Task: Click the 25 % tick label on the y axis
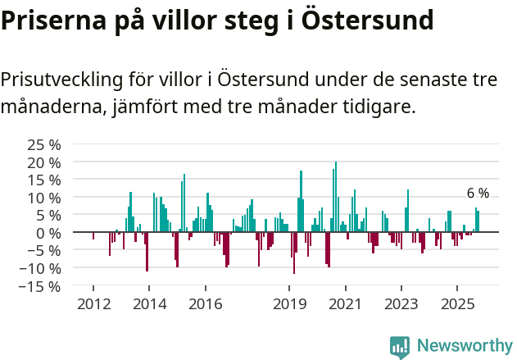pos(44,144)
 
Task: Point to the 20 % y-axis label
pos(44,162)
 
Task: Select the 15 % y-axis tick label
pos(44,180)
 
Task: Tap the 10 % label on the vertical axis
pos(44,198)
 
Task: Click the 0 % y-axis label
pos(48,233)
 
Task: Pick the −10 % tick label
pos(40,268)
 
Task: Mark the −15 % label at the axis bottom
pos(40,286)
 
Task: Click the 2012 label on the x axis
pos(93,304)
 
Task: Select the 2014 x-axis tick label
pos(148,304)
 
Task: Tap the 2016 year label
pos(205,304)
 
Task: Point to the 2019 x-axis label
pos(288,304)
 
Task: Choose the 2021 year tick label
pos(345,304)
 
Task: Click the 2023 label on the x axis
pos(401,304)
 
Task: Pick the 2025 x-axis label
pos(456,304)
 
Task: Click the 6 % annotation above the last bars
pos(478,194)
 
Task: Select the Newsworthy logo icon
pos(400,346)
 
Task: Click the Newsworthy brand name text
pos(464,346)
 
